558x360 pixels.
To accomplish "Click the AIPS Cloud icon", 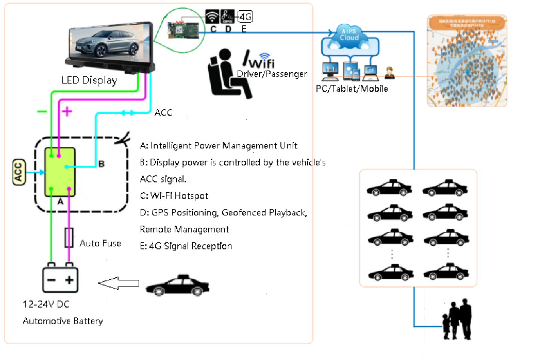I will [349, 35].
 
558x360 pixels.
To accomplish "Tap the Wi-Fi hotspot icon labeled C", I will [212, 16].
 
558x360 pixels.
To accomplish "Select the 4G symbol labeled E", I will [246, 16].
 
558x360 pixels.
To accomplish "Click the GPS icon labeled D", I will [228, 16].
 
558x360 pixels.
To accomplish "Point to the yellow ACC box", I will [19, 172].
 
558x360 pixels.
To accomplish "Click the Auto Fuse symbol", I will [69, 237].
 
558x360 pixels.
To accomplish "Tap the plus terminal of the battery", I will [69, 280].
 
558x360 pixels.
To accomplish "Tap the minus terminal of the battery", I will [51, 280].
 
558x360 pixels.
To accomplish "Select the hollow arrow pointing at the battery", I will [119, 283].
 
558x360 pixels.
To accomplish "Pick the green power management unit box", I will [60, 172].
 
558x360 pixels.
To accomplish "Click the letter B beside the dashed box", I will [101, 164].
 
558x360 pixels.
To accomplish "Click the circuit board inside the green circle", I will [183, 29].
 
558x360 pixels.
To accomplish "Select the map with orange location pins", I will [467, 61].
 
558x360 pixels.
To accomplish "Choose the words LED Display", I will [89, 80].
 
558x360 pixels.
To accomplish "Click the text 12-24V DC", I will [46, 304].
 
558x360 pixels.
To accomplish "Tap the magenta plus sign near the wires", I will [67, 112].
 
